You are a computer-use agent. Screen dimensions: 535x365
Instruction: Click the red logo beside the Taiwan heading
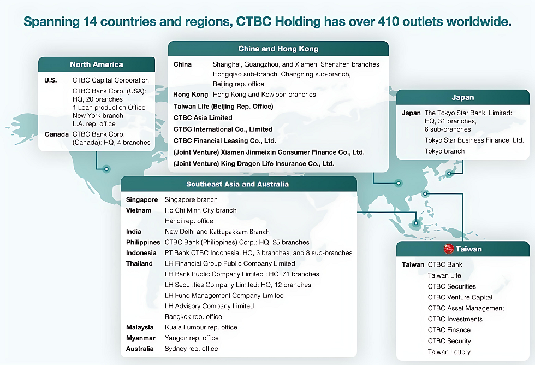[448, 249]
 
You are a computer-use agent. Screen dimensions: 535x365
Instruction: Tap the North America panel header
[97, 64]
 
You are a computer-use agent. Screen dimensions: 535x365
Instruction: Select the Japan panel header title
[463, 97]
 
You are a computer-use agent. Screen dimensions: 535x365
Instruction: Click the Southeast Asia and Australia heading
[237, 184]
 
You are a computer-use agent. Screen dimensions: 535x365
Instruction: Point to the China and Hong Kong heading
[278, 49]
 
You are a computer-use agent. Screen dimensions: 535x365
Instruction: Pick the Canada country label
[57, 134]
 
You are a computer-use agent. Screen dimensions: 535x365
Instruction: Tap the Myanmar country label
[141, 338]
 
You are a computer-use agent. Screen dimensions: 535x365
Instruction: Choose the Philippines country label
[143, 243]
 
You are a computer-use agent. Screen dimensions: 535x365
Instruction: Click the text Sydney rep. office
[192, 349]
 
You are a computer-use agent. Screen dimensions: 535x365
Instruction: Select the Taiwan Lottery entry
[449, 352]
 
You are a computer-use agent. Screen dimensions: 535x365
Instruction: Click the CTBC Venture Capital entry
[460, 297]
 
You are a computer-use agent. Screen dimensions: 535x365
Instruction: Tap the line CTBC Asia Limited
[203, 118]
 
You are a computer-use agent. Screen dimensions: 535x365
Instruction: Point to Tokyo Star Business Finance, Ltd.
[474, 140]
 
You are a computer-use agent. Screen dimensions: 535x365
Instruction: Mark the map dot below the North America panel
[106, 169]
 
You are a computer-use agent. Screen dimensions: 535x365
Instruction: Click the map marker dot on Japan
[449, 174]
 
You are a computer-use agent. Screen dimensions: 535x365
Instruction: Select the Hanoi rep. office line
[189, 221]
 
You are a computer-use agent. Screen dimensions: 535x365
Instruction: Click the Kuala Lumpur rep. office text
[201, 327]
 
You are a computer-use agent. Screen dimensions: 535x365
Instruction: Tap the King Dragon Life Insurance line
[254, 164]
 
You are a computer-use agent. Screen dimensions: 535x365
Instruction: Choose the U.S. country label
[50, 80]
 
